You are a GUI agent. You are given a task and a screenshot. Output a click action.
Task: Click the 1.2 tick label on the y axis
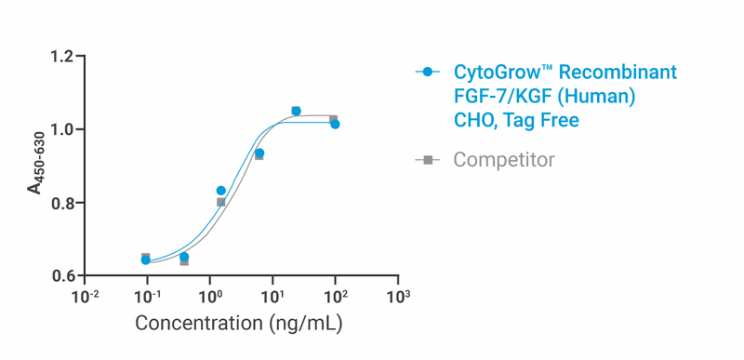click(x=62, y=57)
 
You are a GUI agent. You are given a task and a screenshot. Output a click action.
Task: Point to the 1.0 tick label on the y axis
click(x=62, y=129)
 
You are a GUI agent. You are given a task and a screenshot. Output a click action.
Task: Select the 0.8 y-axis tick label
click(x=62, y=203)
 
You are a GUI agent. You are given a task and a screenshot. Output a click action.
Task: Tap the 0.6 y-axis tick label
click(x=62, y=276)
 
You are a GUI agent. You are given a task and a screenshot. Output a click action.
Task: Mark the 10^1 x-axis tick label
click(x=272, y=296)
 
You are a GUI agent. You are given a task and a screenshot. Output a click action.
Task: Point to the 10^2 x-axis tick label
click(x=336, y=296)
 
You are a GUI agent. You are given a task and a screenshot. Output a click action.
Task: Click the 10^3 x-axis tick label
click(x=398, y=296)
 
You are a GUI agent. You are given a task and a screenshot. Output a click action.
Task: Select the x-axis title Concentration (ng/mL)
click(x=239, y=325)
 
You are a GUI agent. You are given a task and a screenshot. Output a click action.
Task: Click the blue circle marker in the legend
click(x=428, y=72)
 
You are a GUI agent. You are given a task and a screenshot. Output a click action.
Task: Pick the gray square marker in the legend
click(x=428, y=160)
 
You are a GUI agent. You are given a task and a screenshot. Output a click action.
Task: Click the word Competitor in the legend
click(x=503, y=160)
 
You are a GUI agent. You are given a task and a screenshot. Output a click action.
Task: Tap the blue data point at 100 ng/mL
click(x=335, y=124)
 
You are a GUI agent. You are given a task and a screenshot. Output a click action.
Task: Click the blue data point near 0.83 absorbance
click(x=220, y=191)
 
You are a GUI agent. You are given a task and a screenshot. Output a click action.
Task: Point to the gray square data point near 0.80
click(x=220, y=202)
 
